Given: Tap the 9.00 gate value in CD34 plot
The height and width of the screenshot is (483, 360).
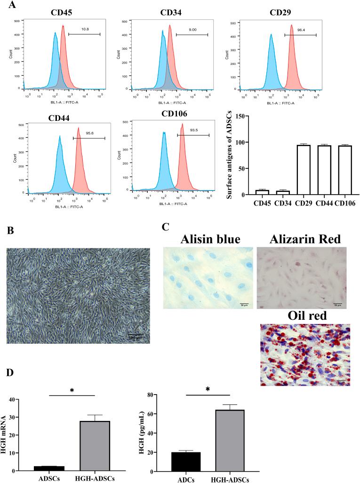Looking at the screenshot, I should (x=187, y=30).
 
